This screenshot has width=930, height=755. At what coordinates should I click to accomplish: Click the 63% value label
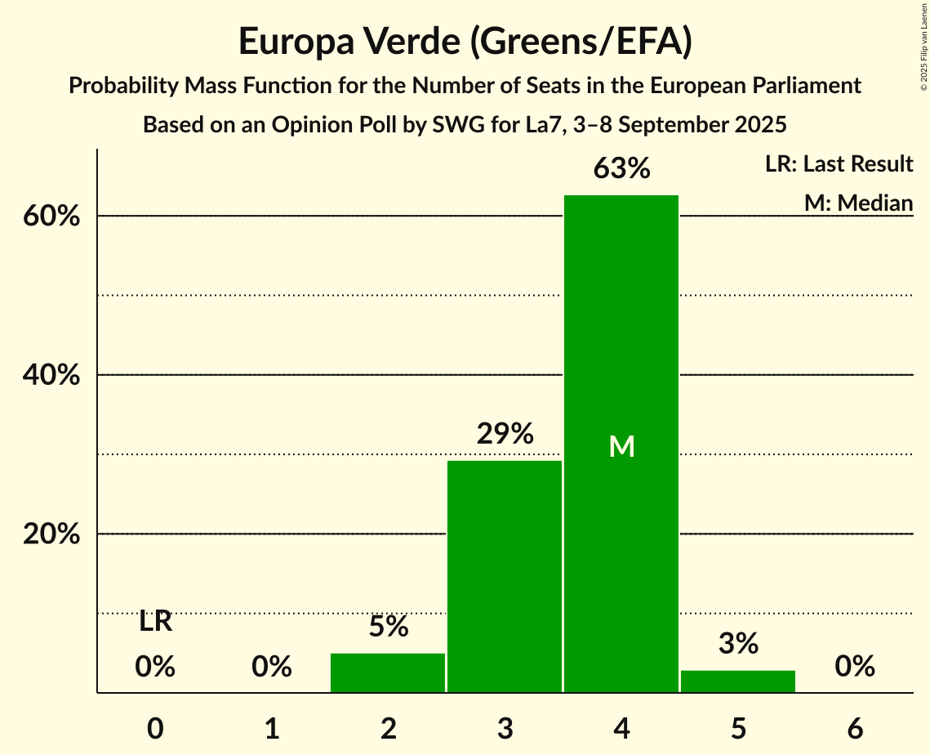[621, 169]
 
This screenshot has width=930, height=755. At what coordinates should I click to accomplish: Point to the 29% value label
[505, 434]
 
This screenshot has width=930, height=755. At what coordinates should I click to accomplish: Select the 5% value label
[388, 627]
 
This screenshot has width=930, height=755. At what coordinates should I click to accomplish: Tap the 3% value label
[738, 644]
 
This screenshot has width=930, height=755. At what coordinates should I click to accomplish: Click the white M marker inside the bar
[621, 446]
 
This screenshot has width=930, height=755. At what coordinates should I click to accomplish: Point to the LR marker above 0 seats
[155, 622]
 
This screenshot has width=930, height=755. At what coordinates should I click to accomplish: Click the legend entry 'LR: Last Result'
[839, 164]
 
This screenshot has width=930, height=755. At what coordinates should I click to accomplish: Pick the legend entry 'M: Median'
[858, 203]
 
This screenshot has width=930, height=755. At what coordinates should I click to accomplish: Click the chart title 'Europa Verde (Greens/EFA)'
[465, 41]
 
